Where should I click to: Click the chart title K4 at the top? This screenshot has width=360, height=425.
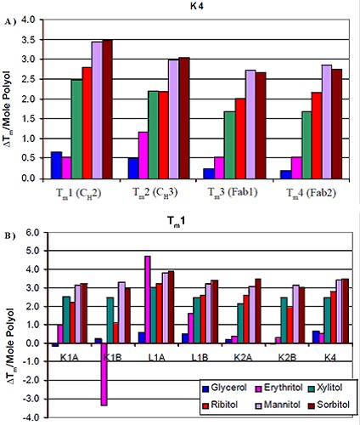coord(200,7)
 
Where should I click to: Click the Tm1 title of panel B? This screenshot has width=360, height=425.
coord(200,220)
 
